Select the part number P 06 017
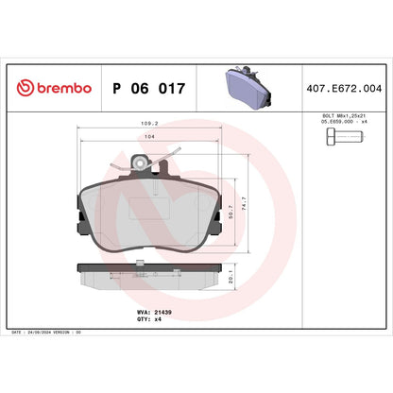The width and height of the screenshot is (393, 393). click(x=148, y=88)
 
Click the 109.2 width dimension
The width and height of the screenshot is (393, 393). click(x=148, y=123)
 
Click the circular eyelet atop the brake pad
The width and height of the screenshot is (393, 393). click(x=143, y=163)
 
